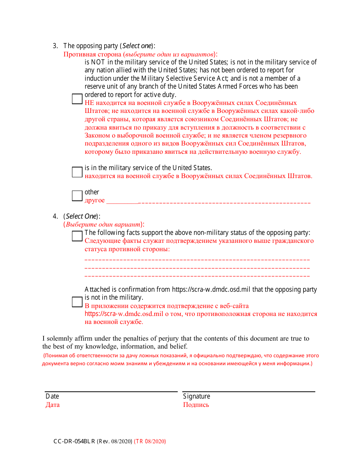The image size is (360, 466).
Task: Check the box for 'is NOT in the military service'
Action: point(77,99)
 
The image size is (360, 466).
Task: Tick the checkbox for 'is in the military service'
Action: point(77,172)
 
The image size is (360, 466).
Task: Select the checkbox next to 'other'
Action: point(77,196)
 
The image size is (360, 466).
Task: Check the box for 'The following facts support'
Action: point(77,236)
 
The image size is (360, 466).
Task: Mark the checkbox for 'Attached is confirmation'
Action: point(77,302)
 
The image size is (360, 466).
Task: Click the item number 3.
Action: point(55,46)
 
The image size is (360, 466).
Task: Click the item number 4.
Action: point(55,216)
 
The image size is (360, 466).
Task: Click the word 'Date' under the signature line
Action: point(52,396)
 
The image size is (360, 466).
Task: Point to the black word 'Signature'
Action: point(196,396)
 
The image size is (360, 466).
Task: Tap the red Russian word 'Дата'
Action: point(53,405)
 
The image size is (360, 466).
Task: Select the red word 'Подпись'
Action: point(196,405)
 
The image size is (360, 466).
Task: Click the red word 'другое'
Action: point(94,200)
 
